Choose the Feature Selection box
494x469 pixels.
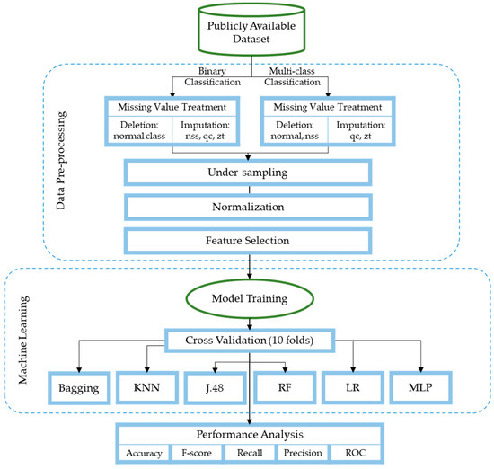[x=246, y=241]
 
